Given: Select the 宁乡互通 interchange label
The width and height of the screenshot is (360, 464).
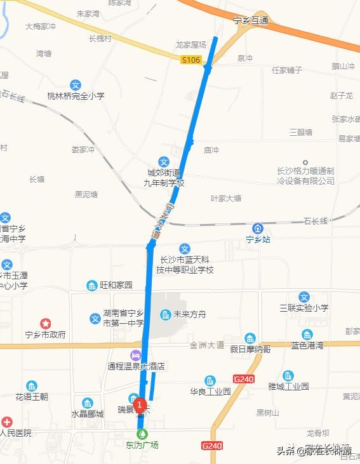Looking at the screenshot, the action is click(251, 21).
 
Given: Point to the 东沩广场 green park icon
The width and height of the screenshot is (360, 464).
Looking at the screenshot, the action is click(142, 433).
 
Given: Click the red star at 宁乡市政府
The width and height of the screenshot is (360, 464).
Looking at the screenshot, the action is click(45, 323).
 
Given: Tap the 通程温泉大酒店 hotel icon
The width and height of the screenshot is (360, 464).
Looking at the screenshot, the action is click(135, 355).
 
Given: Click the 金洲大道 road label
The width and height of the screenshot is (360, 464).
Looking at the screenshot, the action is click(207, 345).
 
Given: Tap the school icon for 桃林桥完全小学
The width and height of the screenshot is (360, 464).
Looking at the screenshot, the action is click(76, 84).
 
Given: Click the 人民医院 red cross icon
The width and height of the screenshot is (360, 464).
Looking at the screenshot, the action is click(6, 421).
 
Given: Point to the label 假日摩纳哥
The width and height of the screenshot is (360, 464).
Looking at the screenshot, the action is click(250, 349).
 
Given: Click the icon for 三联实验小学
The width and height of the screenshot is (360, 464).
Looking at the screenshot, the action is click(304, 296).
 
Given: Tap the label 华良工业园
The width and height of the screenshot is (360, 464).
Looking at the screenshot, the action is click(210, 392).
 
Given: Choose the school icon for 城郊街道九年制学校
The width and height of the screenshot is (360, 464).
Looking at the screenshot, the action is click(164, 162).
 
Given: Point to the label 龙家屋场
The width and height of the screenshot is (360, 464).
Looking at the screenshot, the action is click(191, 45).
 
